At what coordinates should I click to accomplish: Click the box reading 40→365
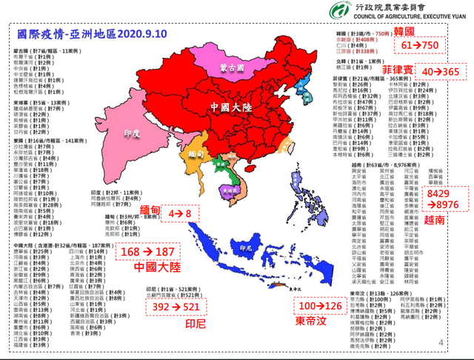441,72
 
